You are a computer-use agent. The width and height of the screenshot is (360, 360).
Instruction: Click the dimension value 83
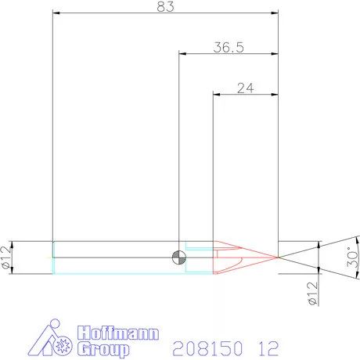point(164,7)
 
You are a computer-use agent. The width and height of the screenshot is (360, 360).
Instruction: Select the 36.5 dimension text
point(229,47)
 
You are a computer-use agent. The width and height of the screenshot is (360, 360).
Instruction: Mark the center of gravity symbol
point(180,257)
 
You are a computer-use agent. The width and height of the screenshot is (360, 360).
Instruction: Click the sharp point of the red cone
point(279,257)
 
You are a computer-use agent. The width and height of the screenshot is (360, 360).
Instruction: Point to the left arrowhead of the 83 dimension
point(56,13)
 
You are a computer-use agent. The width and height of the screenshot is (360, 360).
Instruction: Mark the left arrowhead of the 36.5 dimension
point(183,53)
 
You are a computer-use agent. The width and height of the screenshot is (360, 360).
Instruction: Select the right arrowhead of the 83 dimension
point(275,13)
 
